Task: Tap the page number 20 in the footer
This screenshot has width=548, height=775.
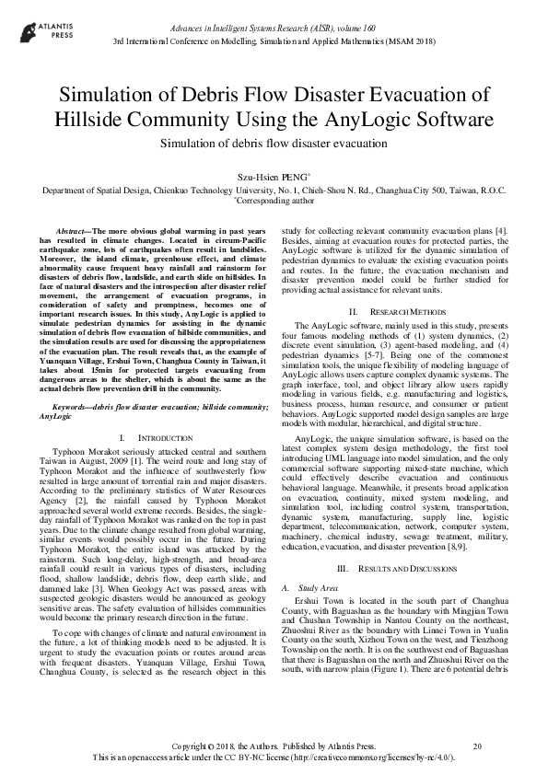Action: tap(476, 745)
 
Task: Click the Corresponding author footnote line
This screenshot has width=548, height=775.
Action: tap(274, 199)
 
